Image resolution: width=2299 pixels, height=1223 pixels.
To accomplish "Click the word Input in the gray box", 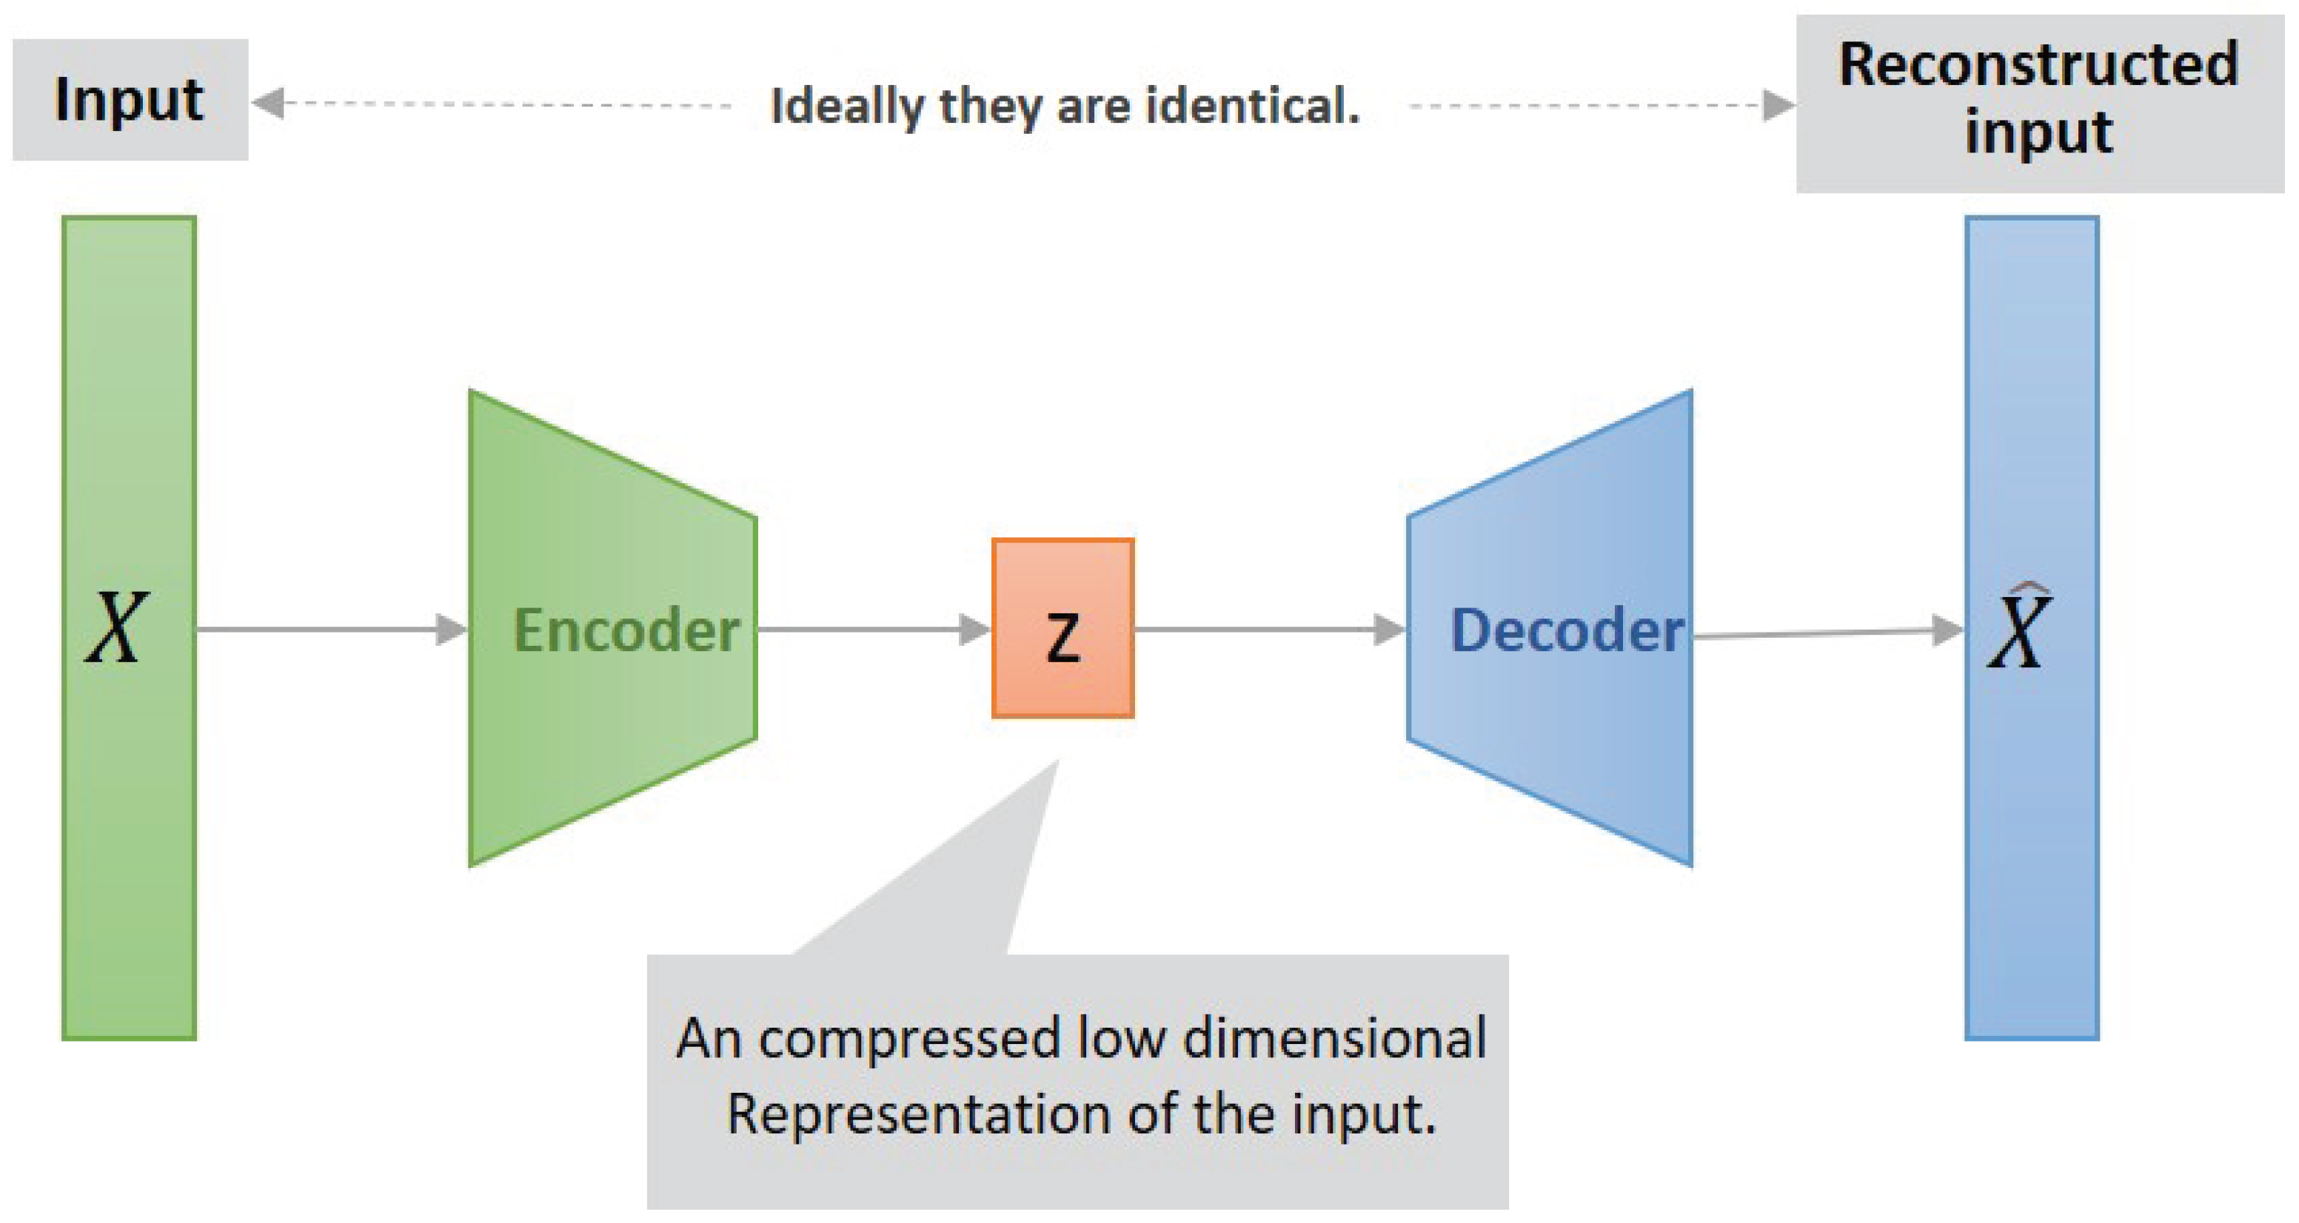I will tap(129, 100).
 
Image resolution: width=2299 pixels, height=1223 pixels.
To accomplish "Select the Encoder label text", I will tap(626, 630).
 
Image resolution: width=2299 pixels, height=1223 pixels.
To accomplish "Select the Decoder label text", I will tap(1566, 630).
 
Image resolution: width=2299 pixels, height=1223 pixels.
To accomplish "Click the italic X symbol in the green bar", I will tap(116, 629).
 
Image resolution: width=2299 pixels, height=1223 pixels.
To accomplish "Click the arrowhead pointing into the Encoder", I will tap(451, 630).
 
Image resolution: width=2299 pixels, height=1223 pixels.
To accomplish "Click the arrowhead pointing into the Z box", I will tap(974, 630).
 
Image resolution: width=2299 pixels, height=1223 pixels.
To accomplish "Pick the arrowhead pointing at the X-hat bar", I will tap(1947, 630).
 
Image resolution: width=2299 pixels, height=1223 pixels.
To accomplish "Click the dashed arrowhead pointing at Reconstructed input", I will tap(1778, 105).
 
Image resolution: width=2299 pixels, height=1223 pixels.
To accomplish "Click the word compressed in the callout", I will tap(909, 1040).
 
